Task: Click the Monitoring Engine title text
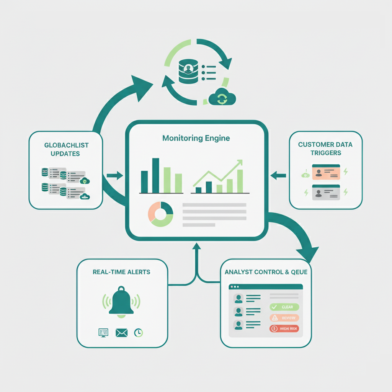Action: point(196,138)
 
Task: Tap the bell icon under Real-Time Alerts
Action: point(121,302)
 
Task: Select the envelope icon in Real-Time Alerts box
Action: point(121,333)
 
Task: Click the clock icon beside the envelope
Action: point(138,333)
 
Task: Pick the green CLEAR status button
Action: point(284,307)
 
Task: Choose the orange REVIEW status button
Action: point(284,318)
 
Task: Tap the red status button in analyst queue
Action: point(284,328)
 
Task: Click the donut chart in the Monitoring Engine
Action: point(161,214)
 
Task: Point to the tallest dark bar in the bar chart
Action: point(155,176)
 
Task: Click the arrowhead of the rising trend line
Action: point(239,163)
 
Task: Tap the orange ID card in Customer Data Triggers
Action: point(326,172)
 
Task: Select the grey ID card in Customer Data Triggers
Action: point(326,192)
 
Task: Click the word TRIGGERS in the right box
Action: point(326,153)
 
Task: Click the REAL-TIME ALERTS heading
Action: point(121,272)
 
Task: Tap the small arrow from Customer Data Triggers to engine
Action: point(278,176)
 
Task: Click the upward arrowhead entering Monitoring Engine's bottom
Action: point(197,247)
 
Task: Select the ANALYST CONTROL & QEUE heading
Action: point(266,272)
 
